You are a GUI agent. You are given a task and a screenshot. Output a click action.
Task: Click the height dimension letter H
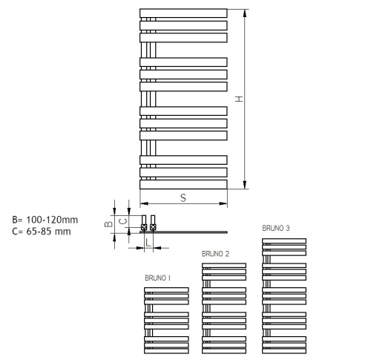239,99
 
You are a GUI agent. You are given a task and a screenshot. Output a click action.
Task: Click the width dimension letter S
183,198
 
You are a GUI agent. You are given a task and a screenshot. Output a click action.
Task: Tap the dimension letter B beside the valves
108,224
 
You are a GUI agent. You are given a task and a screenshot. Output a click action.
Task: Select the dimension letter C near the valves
123,221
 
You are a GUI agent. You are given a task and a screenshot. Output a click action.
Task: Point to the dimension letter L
148,243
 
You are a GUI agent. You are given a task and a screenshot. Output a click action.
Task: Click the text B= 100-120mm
45,220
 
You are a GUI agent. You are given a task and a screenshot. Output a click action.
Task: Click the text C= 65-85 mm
42,232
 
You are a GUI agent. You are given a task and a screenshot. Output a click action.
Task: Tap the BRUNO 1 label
157,278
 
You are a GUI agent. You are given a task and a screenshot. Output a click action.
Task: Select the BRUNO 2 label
215,254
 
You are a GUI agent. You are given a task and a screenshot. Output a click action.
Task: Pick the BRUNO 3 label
276,228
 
